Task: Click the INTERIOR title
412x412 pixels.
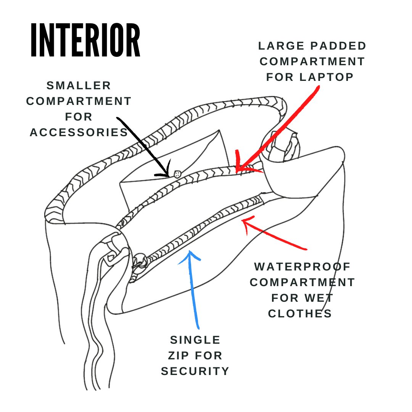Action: [85, 40]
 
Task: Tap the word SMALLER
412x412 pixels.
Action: [79, 86]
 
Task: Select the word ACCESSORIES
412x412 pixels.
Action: [79, 132]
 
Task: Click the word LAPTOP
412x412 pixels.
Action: [327, 77]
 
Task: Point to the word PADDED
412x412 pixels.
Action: [338, 46]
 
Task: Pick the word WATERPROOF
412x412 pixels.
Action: [303, 267]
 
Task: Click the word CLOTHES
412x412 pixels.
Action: [300, 314]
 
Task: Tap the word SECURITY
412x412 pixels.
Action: [195, 371]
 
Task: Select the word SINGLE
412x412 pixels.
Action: [195, 340]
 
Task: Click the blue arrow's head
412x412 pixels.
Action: [190, 255]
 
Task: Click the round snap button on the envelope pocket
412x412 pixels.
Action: [178, 174]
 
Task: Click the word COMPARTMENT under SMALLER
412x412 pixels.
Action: [79, 101]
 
